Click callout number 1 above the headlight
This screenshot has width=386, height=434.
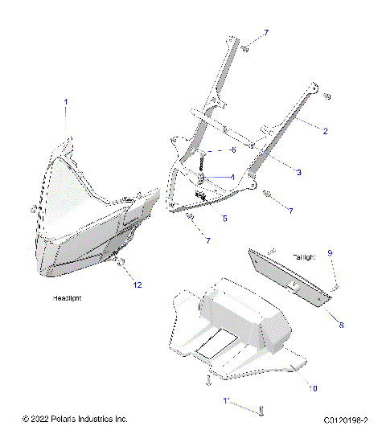coord(66,102)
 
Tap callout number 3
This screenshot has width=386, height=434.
coord(298,172)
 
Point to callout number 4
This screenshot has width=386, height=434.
coord(232,177)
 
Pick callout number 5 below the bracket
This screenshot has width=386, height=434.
coord(224,218)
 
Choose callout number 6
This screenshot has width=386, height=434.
coord(232,150)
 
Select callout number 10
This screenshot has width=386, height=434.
coord(313,388)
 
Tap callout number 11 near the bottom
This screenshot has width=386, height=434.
coord(227,399)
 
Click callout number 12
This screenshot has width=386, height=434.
coord(138,285)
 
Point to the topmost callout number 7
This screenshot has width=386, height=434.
coord(266,32)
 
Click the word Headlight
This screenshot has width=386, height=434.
coord(68,298)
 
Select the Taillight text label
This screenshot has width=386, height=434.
coord(304,256)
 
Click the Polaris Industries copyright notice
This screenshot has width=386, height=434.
coord(75,419)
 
